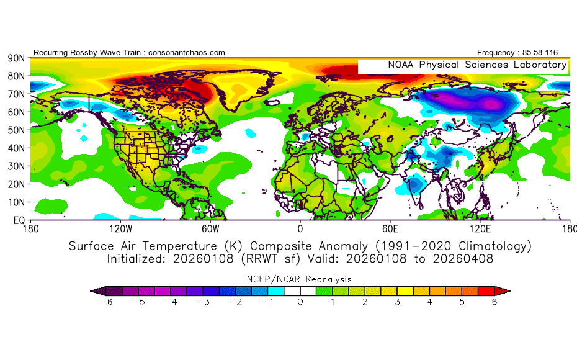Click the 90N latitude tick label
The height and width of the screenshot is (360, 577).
[16, 58]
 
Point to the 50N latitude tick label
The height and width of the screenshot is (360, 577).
[16, 130]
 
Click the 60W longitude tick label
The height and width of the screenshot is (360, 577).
[210, 228]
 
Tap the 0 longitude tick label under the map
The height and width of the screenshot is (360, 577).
[300, 228]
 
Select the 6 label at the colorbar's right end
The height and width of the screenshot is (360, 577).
[494, 302]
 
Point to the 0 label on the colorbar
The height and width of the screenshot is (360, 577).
[301, 302]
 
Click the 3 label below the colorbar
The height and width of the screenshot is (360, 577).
[398, 302]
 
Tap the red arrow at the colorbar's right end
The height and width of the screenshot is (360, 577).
[503, 290]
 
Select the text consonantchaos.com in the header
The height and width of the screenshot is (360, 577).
[187, 53]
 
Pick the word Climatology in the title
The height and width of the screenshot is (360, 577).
[495, 246]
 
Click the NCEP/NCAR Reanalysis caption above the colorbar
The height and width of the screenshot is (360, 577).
[301, 279]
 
